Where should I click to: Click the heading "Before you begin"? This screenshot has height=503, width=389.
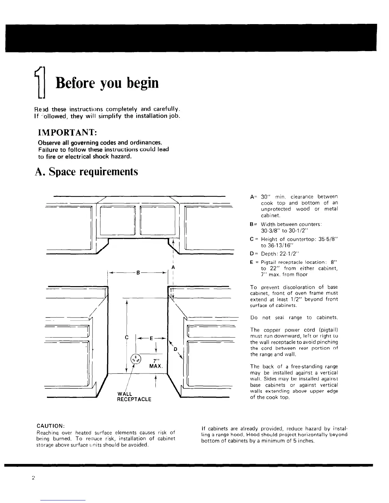tap(107, 83)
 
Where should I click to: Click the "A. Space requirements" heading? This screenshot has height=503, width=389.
tap(86, 172)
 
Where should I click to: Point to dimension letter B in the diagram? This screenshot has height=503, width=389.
tap(138, 273)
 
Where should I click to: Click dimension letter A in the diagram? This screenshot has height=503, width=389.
tap(173, 267)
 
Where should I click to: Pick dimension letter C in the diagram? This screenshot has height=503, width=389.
tap(126, 338)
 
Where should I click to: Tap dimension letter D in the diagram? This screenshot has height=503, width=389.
tap(175, 350)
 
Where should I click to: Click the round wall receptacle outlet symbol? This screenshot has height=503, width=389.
tap(136, 359)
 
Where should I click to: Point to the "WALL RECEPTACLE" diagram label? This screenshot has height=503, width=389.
tap(134, 397)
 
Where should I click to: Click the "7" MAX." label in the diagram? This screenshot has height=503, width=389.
tap(156, 363)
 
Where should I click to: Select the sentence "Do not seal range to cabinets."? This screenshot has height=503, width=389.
tap(294, 318)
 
